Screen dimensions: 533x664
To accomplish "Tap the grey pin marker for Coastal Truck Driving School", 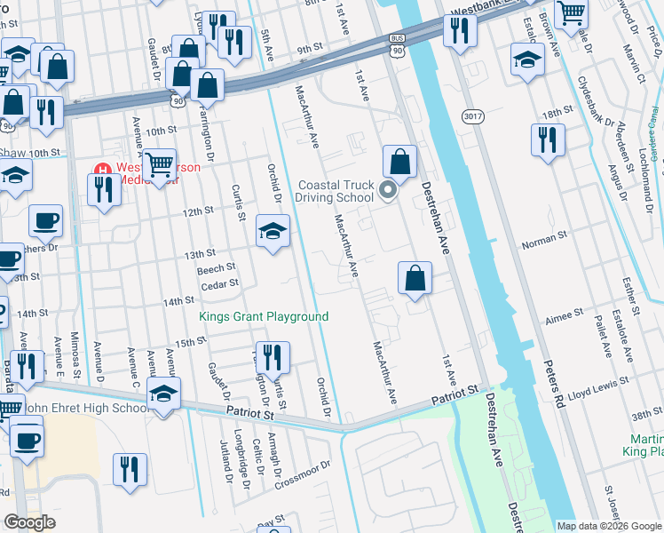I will click(x=387, y=190).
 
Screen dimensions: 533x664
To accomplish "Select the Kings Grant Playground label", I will click(x=264, y=316).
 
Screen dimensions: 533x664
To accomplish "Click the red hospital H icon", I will click(x=102, y=170).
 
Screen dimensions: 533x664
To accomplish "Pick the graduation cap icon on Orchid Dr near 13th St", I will click(x=273, y=231).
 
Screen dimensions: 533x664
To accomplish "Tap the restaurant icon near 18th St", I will click(x=548, y=139).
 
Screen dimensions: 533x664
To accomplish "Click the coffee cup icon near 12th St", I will click(x=45, y=220).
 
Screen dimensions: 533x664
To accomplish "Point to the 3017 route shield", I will click(x=472, y=115).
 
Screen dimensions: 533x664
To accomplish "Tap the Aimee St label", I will click(x=565, y=313).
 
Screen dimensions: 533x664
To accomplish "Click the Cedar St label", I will click(x=220, y=284).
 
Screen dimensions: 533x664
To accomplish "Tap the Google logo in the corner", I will click(x=30, y=522).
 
